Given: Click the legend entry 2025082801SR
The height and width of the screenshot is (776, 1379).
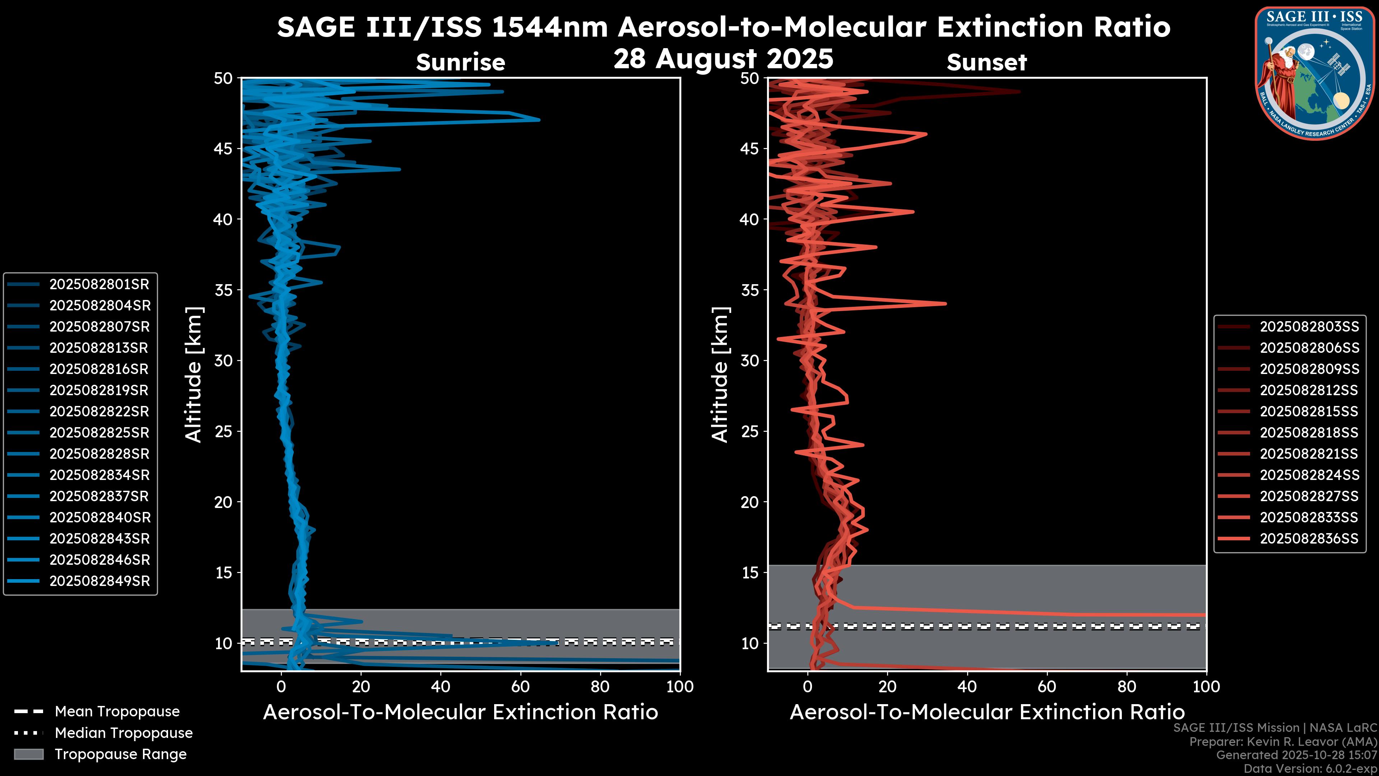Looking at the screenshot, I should (99, 285).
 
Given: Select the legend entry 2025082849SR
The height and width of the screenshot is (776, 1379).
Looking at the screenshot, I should (99, 581).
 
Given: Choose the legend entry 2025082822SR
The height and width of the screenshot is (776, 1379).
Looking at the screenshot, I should (99, 411).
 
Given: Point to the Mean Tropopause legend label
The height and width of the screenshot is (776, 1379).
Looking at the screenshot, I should (117, 712).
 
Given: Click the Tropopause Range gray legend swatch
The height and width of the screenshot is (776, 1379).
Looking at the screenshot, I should (29, 754).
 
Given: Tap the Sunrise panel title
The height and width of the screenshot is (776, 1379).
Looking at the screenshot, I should (460, 63).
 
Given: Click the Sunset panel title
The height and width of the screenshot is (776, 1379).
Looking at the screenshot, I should (986, 63).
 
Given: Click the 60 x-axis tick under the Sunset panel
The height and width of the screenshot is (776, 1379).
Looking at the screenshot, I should (1046, 687).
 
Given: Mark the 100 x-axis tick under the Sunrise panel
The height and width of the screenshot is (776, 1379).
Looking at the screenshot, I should (680, 687).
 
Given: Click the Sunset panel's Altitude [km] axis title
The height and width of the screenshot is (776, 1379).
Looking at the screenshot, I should (720, 375).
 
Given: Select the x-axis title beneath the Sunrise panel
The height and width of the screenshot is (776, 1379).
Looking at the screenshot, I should (460, 712).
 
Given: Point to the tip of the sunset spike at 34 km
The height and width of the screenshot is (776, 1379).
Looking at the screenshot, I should (946, 304).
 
